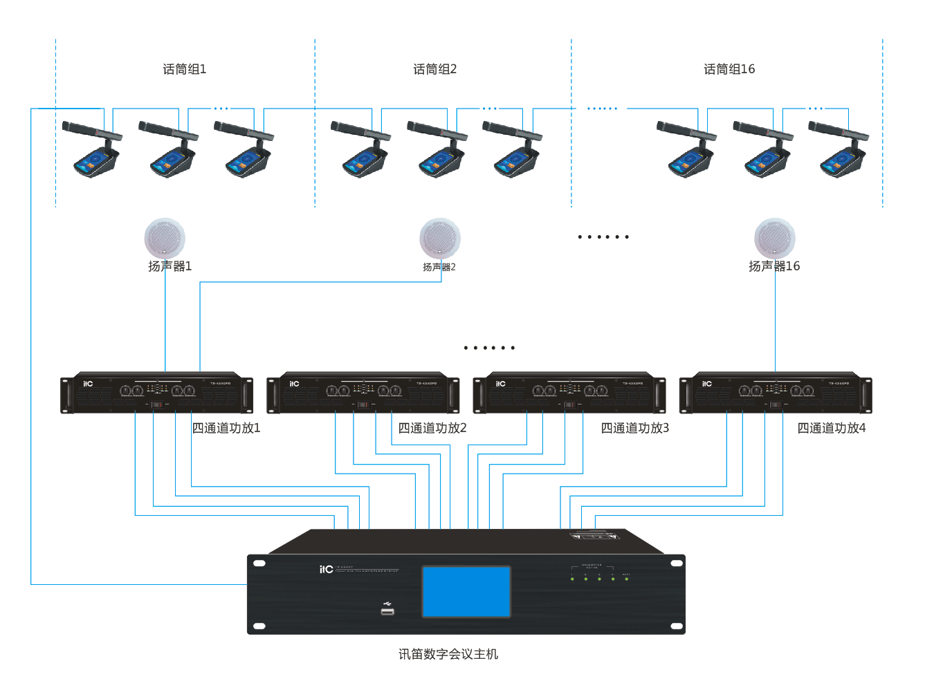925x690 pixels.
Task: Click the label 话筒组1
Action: tap(184, 69)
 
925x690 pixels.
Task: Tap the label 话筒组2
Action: tap(434, 69)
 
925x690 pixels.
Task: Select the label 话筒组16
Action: tap(729, 69)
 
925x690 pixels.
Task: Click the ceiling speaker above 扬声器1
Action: tap(165, 239)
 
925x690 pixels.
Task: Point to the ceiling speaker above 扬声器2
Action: tap(440, 239)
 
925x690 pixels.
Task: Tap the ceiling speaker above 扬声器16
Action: tap(775, 239)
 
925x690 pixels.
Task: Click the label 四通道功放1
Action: tap(226, 428)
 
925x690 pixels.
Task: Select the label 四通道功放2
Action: tap(432, 428)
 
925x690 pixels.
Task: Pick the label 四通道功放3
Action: tap(634, 428)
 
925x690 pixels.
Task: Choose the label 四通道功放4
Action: tap(831, 428)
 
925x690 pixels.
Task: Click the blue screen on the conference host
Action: tap(466, 591)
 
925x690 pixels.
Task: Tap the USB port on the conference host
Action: tap(387, 610)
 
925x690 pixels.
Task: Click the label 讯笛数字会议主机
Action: tap(448, 654)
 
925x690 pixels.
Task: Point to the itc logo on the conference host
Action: tap(326, 570)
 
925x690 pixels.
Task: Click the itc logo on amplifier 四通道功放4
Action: tap(706, 384)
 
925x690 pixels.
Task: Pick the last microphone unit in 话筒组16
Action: tap(841, 151)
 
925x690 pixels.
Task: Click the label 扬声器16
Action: tap(774, 266)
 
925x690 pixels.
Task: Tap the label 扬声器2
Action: tap(439, 267)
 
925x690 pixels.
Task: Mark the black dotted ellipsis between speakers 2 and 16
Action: tap(603, 237)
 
